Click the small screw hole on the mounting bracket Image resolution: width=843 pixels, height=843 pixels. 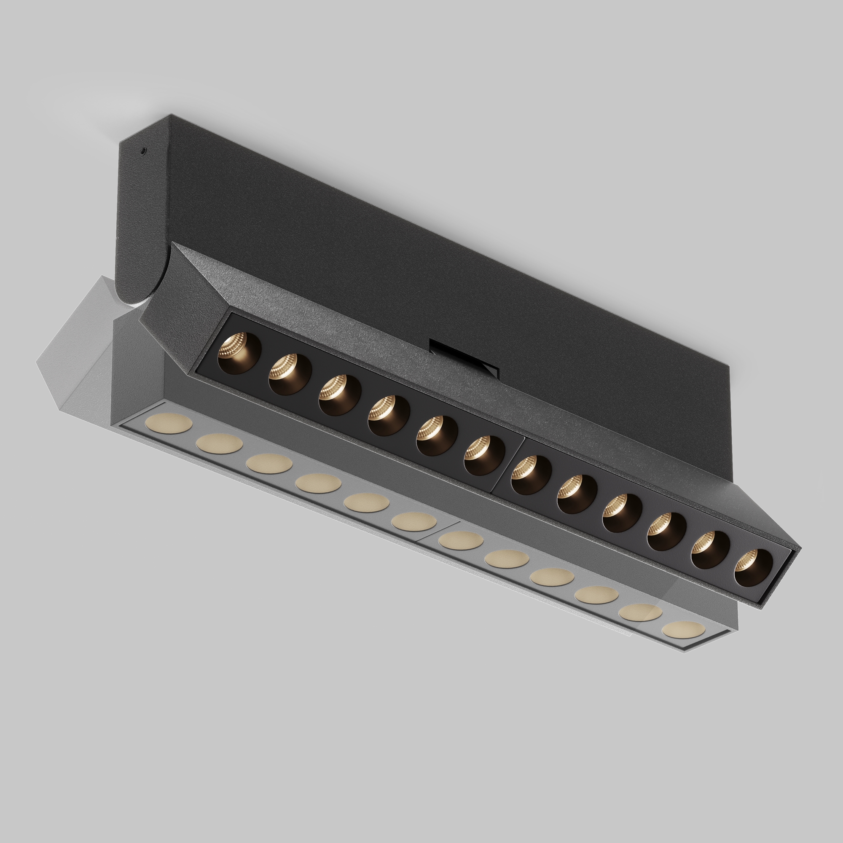pyautogui.click(x=142, y=151)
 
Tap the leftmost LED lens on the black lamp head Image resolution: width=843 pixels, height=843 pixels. pyautogui.click(x=239, y=353)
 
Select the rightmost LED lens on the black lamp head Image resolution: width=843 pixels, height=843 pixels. pyautogui.click(x=753, y=568)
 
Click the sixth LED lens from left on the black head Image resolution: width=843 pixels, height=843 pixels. pyautogui.click(x=484, y=455)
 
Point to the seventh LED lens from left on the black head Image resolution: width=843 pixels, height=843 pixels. pyautogui.click(x=531, y=475)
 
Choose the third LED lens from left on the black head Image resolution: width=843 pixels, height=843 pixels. pyautogui.click(x=339, y=395)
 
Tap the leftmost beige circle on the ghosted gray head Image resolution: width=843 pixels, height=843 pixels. pyautogui.click(x=169, y=423)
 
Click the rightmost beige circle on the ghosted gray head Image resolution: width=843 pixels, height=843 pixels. pyautogui.click(x=683, y=629)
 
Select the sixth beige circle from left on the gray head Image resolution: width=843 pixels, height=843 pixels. pyautogui.click(x=413, y=521)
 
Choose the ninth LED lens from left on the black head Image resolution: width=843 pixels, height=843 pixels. pyautogui.click(x=622, y=513)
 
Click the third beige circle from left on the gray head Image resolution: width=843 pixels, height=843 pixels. pyautogui.click(x=269, y=463)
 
